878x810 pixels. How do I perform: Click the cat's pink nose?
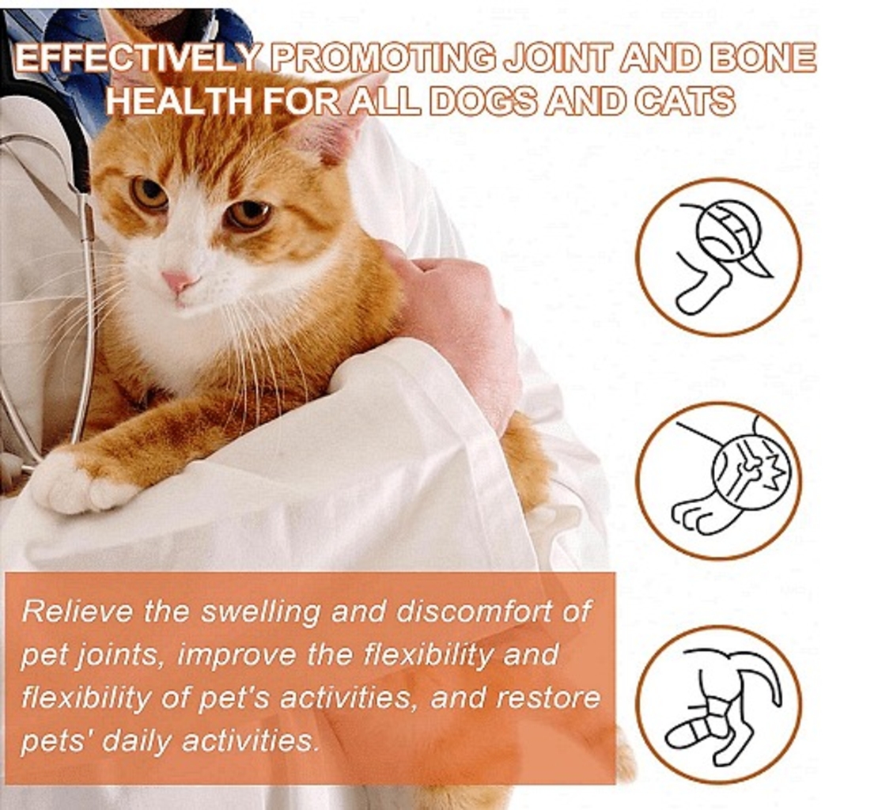[x=178, y=281]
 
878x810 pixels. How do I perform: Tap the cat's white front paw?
[x=84, y=482]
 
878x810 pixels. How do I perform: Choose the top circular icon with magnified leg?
[x=718, y=256]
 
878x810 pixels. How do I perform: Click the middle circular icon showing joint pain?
[x=718, y=479]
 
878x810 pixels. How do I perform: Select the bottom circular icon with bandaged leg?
[x=718, y=704]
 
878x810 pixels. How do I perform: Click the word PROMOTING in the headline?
[x=383, y=59]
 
